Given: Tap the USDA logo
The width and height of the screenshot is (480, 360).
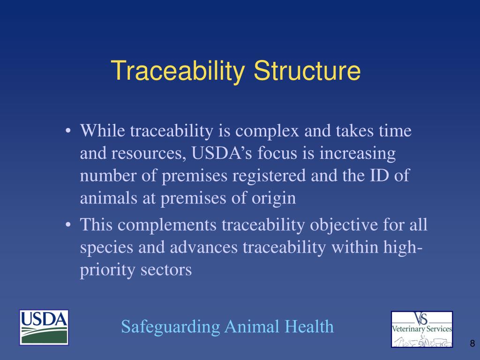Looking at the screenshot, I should point(44,328).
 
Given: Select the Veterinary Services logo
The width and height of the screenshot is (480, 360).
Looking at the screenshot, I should point(422,329).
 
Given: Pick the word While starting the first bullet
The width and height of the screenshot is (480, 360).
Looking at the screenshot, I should point(103,131).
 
